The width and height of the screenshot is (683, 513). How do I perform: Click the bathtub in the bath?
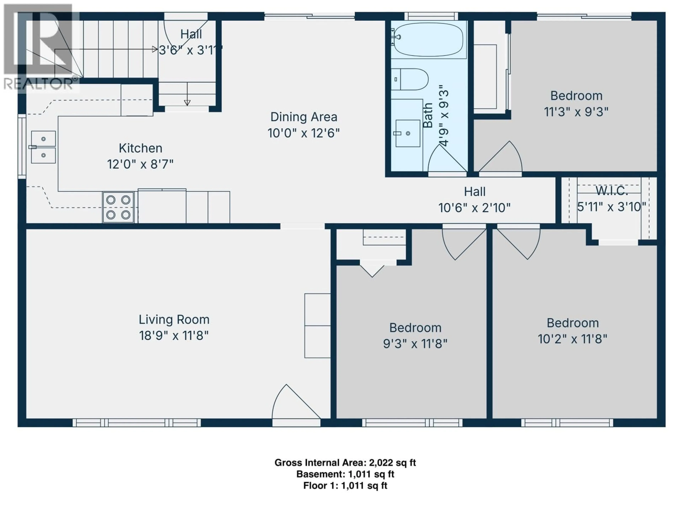click(x=429, y=40)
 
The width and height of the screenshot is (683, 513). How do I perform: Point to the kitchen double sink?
click(x=43, y=147)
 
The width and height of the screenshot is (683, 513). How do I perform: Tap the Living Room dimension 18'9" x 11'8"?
click(x=174, y=336)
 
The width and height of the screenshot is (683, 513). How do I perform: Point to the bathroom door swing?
click(x=446, y=159)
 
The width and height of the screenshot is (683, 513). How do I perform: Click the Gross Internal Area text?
click(x=345, y=463)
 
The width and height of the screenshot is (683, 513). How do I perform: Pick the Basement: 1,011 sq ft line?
click(x=345, y=474)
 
